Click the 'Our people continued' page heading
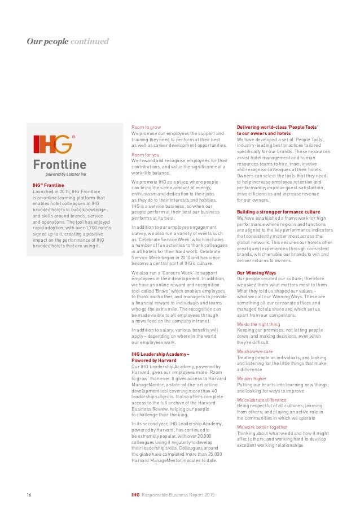pos(67,41)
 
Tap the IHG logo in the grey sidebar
pos(52,144)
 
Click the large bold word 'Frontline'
pos(59,165)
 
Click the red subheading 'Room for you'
pos(145,154)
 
